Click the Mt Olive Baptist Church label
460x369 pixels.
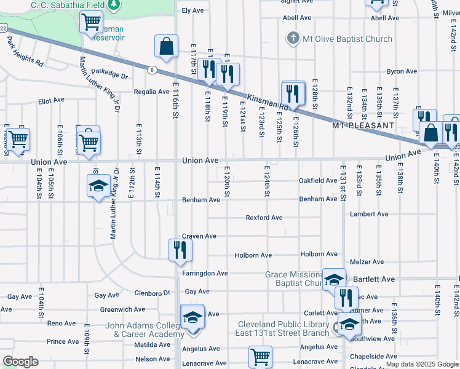pos(346,39)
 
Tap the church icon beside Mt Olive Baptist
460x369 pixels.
pos(293,39)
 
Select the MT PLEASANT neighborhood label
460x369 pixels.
pos(363,125)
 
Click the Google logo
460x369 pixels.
pos(20,362)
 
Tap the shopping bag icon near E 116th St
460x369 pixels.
pos(166,46)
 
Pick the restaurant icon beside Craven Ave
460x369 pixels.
pos(180,249)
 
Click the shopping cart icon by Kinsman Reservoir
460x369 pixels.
pos(91,22)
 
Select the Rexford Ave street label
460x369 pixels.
pos(264,218)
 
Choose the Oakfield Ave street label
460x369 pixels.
pos(317,181)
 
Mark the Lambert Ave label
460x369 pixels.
pos(369,214)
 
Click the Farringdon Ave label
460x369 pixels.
pos(205,273)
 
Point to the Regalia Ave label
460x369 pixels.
pos(152,92)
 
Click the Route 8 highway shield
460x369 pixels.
pos(151,70)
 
